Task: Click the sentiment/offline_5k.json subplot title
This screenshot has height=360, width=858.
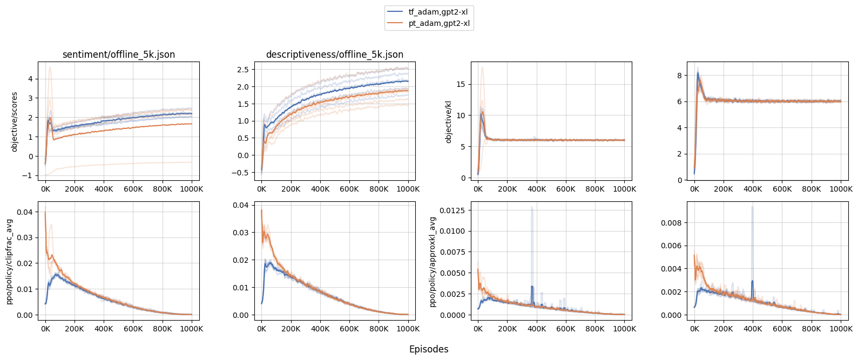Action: (x=119, y=55)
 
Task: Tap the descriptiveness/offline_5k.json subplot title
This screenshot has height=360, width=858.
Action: (x=335, y=55)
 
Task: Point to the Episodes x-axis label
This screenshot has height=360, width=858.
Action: (x=429, y=349)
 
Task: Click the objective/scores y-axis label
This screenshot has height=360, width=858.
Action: (x=15, y=121)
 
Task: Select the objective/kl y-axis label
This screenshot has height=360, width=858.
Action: (x=448, y=121)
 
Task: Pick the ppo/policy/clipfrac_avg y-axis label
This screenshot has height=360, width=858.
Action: (x=10, y=261)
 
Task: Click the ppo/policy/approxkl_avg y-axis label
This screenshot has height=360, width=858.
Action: (x=433, y=262)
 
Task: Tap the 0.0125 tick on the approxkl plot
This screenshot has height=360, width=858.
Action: (x=454, y=210)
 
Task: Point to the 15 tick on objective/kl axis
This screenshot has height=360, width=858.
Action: (x=461, y=84)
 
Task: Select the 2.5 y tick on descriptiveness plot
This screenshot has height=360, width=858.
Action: (x=242, y=70)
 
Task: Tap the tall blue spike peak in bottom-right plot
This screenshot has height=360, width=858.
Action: (x=752, y=207)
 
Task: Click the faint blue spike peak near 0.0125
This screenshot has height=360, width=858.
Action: (x=532, y=207)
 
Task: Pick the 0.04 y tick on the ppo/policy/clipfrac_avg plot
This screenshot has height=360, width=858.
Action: (x=24, y=212)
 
